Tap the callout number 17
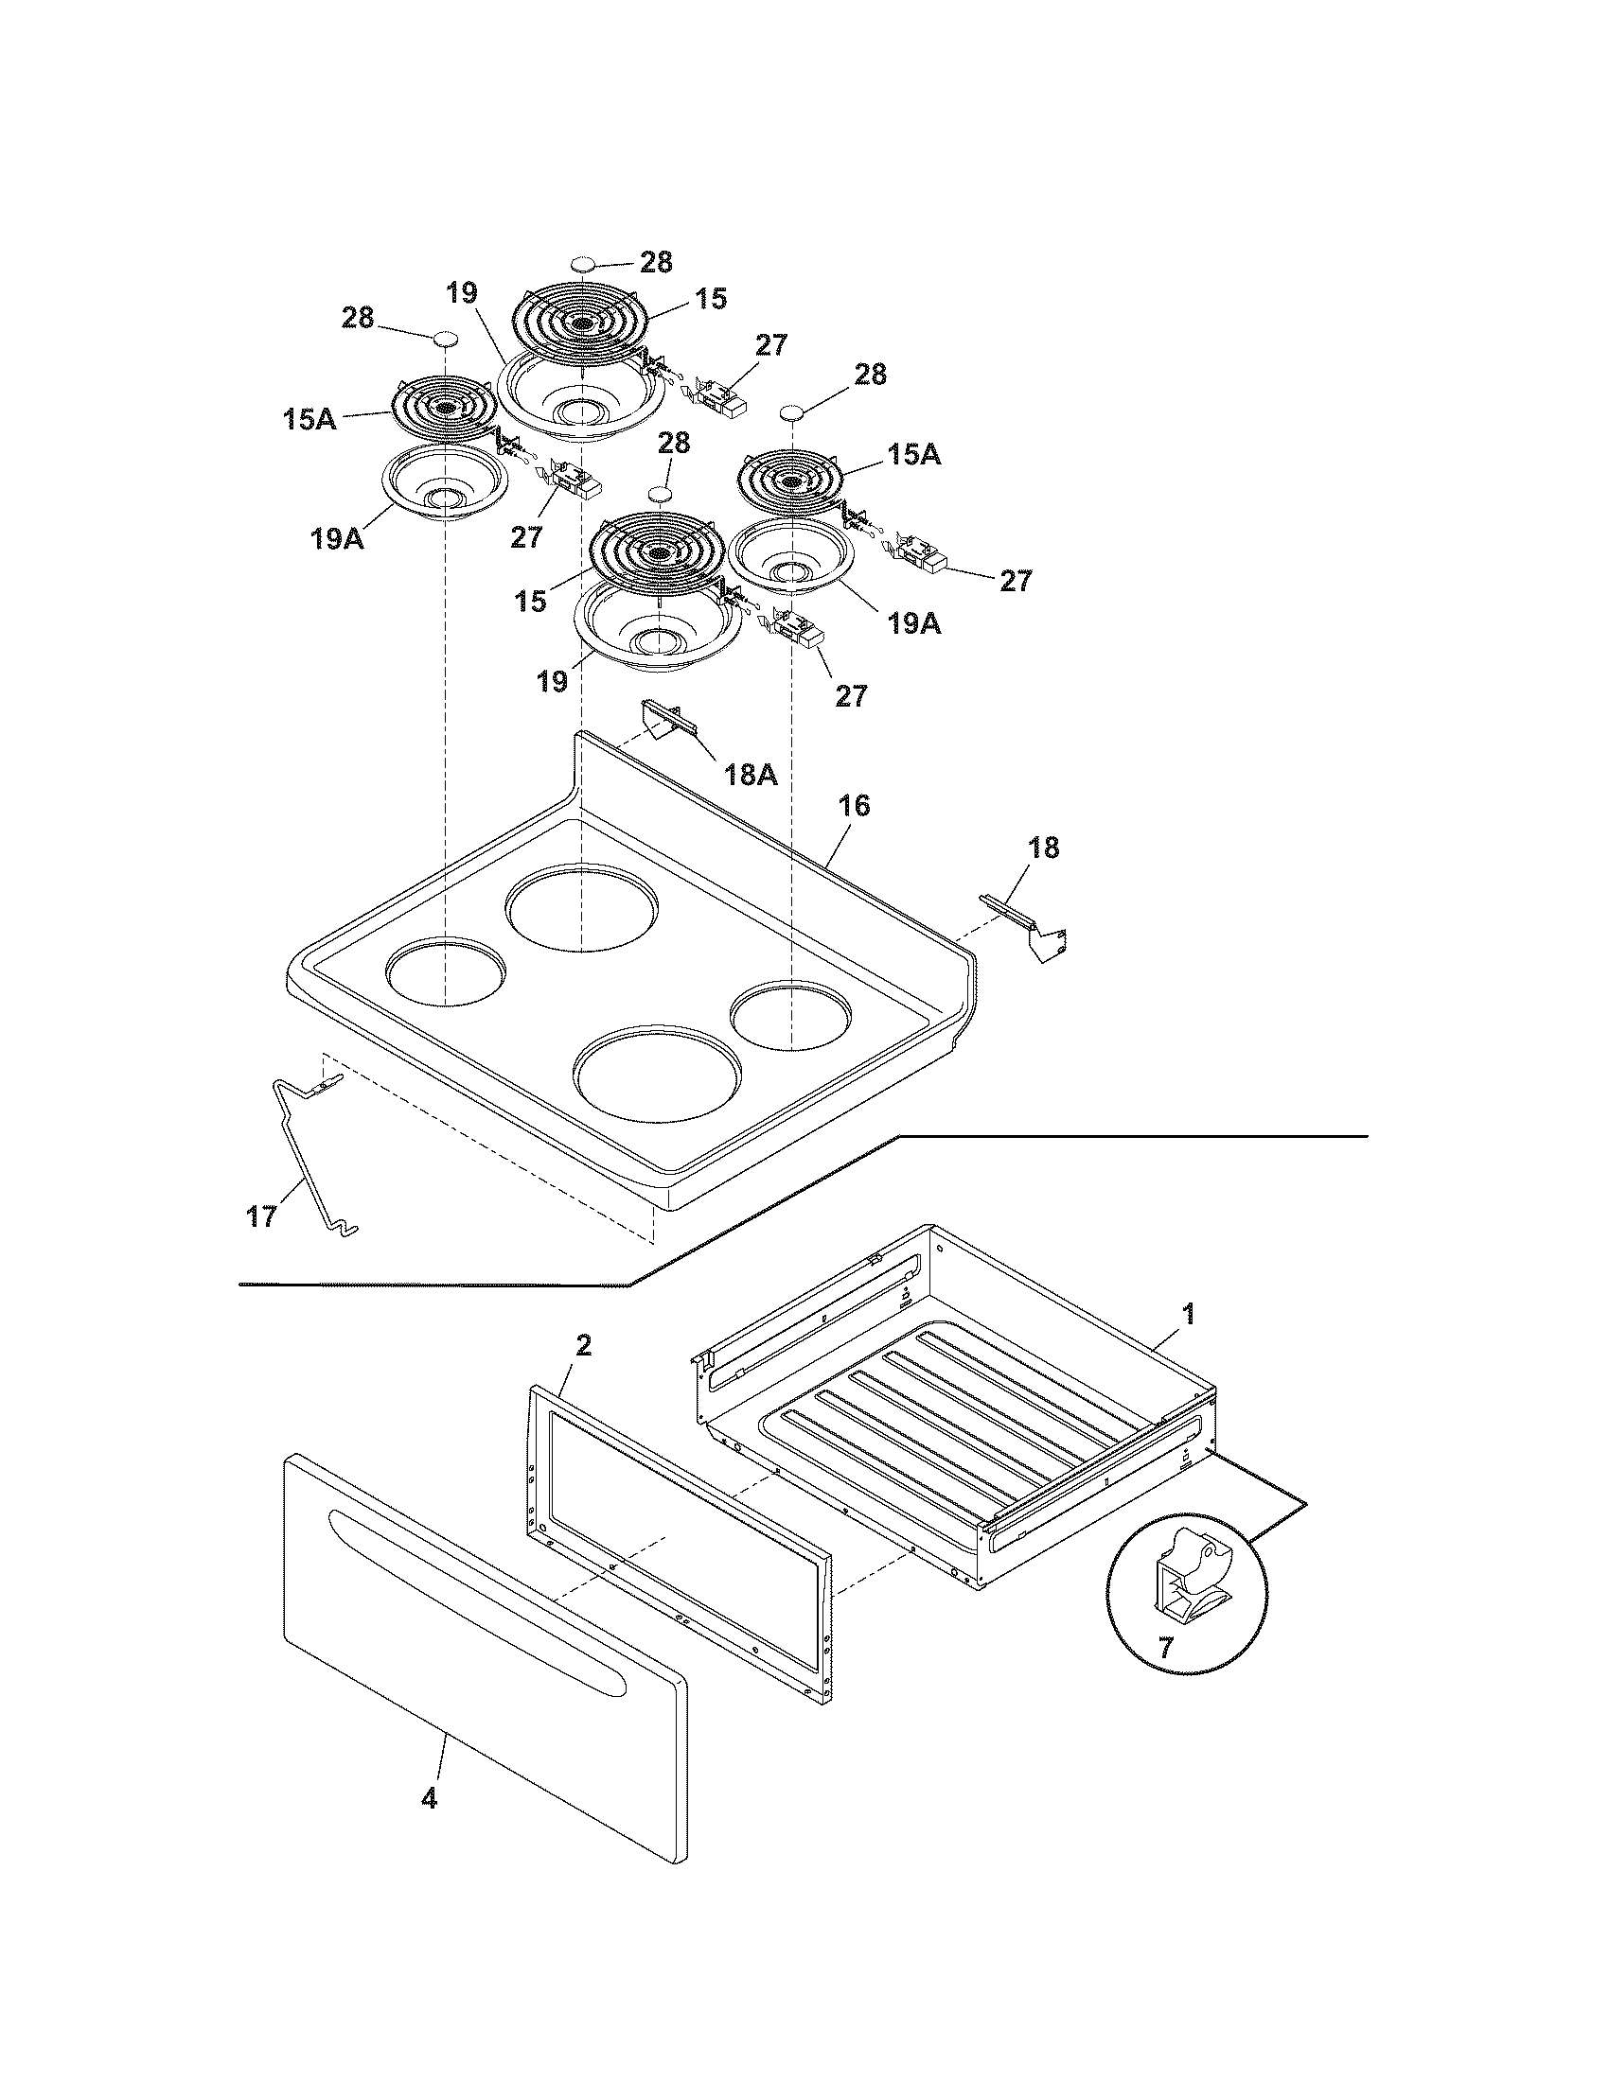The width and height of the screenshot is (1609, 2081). [x=262, y=1216]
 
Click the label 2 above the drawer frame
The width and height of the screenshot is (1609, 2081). [x=583, y=1345]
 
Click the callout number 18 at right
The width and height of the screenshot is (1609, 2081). [x=1044, y=848]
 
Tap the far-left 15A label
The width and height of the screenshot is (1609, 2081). [x=309, y=418]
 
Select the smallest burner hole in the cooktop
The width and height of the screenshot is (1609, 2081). [x=791, y=1020]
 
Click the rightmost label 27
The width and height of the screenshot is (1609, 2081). [x=1016, y=580]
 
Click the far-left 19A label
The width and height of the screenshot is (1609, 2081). [x=337, y=539]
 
